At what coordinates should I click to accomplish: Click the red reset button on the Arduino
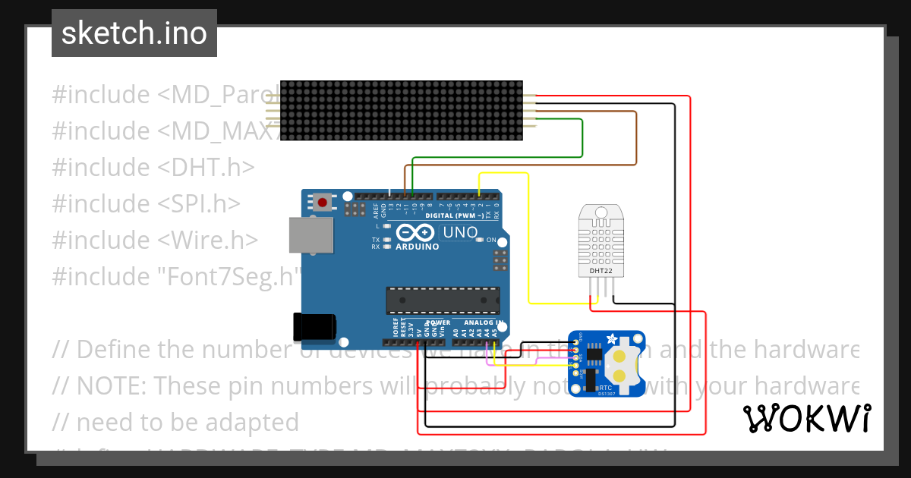click(x=323, y=203)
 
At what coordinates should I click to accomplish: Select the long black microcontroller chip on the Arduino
click(x=443, y=300)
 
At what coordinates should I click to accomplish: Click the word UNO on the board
click(x=460, y=233)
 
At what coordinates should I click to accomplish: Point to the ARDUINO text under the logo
click(x=416, y=247)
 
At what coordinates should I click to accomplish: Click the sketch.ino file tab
click(x=134, y=33)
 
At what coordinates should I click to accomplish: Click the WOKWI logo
click(x=807, y=418)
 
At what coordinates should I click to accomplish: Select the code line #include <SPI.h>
click(x=146, y=203)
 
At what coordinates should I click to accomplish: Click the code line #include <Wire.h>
click(x=155, y=240)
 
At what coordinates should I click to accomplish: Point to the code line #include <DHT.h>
click(x=153, y=167)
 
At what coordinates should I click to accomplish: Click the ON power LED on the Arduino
click(x=480, y=240)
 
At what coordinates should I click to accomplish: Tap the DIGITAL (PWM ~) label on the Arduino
click(x=454, y=215)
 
